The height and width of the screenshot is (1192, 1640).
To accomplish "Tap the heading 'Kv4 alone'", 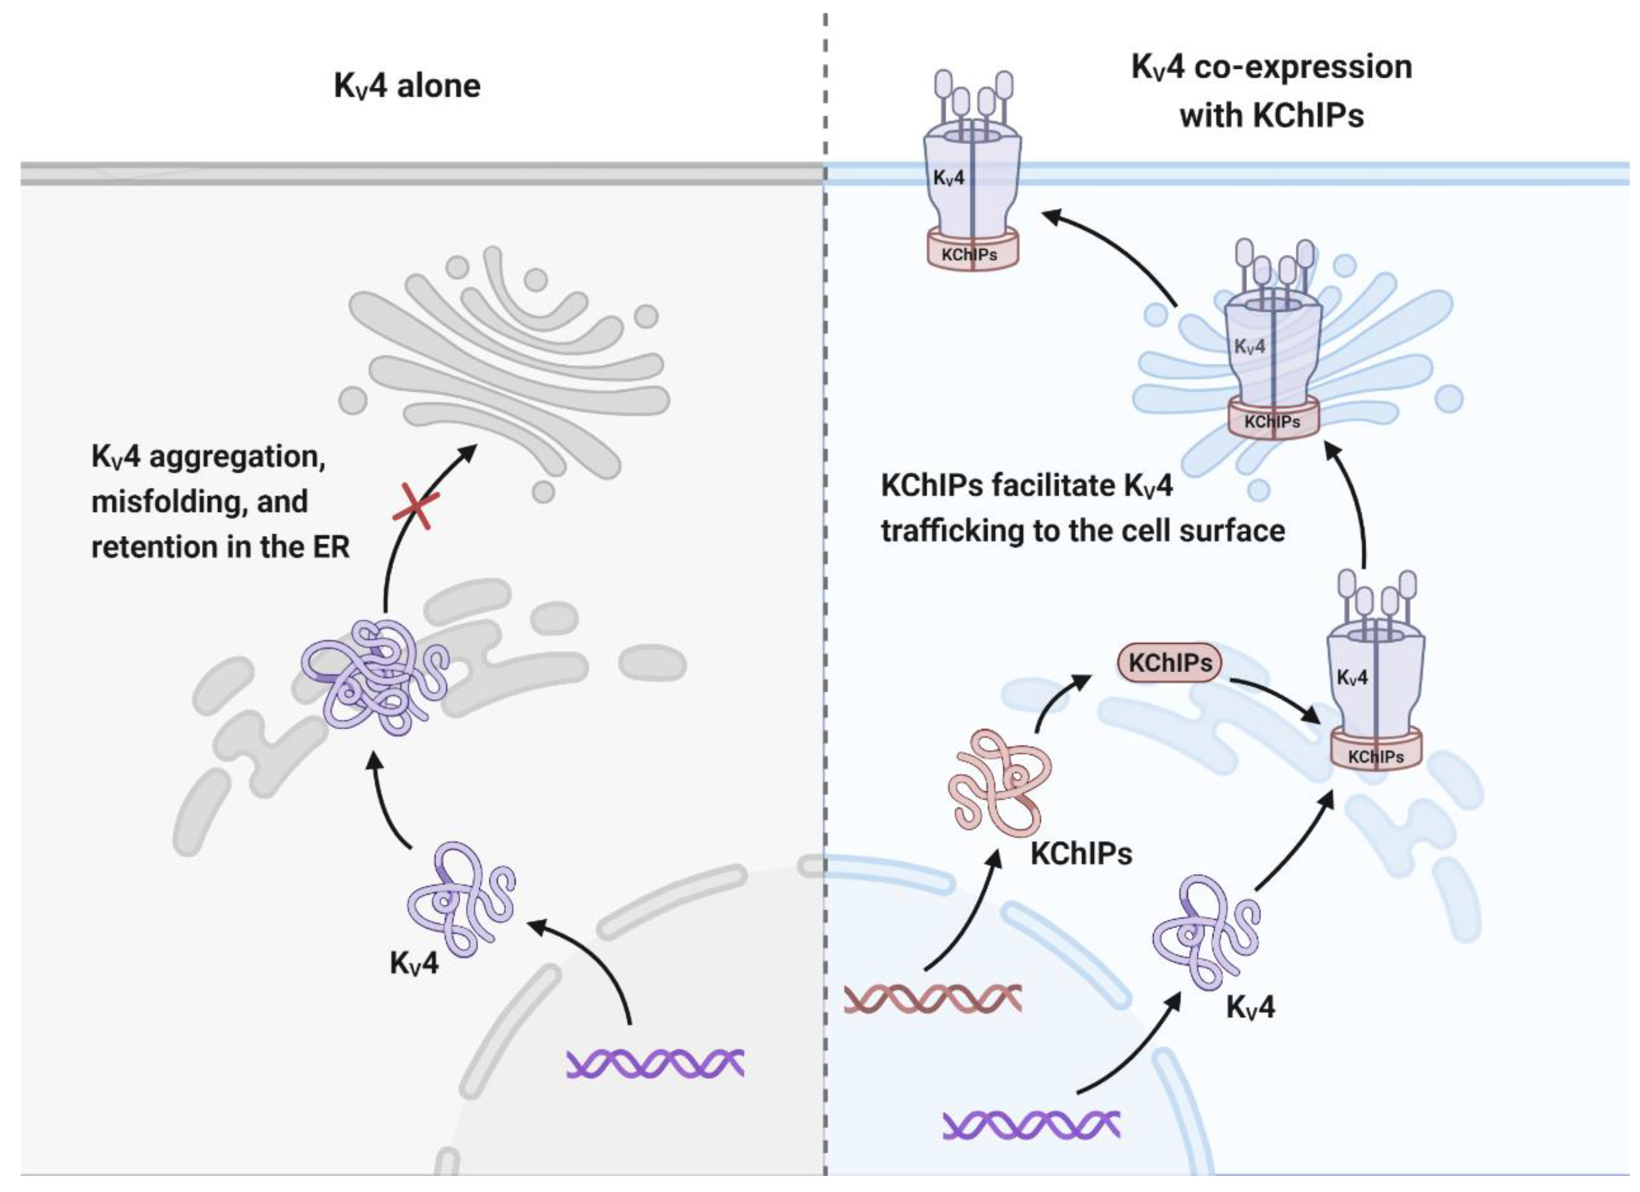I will (407, 86).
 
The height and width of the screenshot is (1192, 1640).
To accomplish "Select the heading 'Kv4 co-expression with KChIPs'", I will (1271, 90).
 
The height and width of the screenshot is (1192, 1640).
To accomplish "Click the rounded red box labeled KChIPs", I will (1169, 663).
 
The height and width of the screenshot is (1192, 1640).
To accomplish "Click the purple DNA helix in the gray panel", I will (655, 1064).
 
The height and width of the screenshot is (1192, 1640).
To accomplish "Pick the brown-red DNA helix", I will (933, 998).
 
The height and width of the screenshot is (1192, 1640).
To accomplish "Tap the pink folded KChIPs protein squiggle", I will (1000, 783).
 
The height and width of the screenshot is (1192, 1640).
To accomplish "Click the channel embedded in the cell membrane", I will (972, 174).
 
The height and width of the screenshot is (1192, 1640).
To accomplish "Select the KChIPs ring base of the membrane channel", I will (972, 252).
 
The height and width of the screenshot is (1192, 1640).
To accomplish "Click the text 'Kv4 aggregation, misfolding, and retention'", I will (220, 502).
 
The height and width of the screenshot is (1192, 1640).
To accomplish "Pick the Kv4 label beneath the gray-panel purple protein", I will (414, 964).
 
